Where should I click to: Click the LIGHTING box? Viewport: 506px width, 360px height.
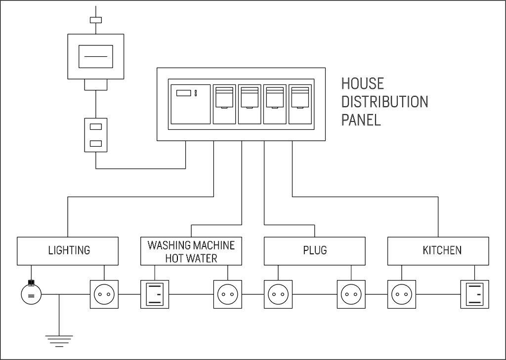coord(69,250)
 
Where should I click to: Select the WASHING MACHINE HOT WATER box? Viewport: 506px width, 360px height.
coord(191,250)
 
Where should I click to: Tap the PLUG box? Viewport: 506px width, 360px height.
coord(315,250)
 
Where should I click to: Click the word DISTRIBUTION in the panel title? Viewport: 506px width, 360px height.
coord(384,102)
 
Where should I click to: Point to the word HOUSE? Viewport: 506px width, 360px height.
coord(363,83)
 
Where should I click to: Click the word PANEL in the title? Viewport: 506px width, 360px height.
coord(361,120)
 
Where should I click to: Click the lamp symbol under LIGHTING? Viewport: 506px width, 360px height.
coord(31,295)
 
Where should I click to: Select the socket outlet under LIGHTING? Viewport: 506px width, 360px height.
coord(104,295)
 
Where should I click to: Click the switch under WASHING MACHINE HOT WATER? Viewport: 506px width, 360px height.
coord(155,295)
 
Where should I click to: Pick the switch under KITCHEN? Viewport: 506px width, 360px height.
coord(475,295)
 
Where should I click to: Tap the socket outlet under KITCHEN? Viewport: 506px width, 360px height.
coord(401,295)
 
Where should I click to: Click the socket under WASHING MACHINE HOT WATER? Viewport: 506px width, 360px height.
coord(227,295)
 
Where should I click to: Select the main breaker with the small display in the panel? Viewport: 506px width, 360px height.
coord(190,104)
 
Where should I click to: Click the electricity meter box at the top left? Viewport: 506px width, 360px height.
coord(96,57)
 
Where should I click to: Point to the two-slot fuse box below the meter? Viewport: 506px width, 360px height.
coord(96,135)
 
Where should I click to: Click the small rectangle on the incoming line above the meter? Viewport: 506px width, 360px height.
coord(96,20)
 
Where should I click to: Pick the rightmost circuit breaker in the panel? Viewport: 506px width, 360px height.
coord(300,104)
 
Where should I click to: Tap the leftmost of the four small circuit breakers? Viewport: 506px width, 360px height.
coord(224,104)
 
